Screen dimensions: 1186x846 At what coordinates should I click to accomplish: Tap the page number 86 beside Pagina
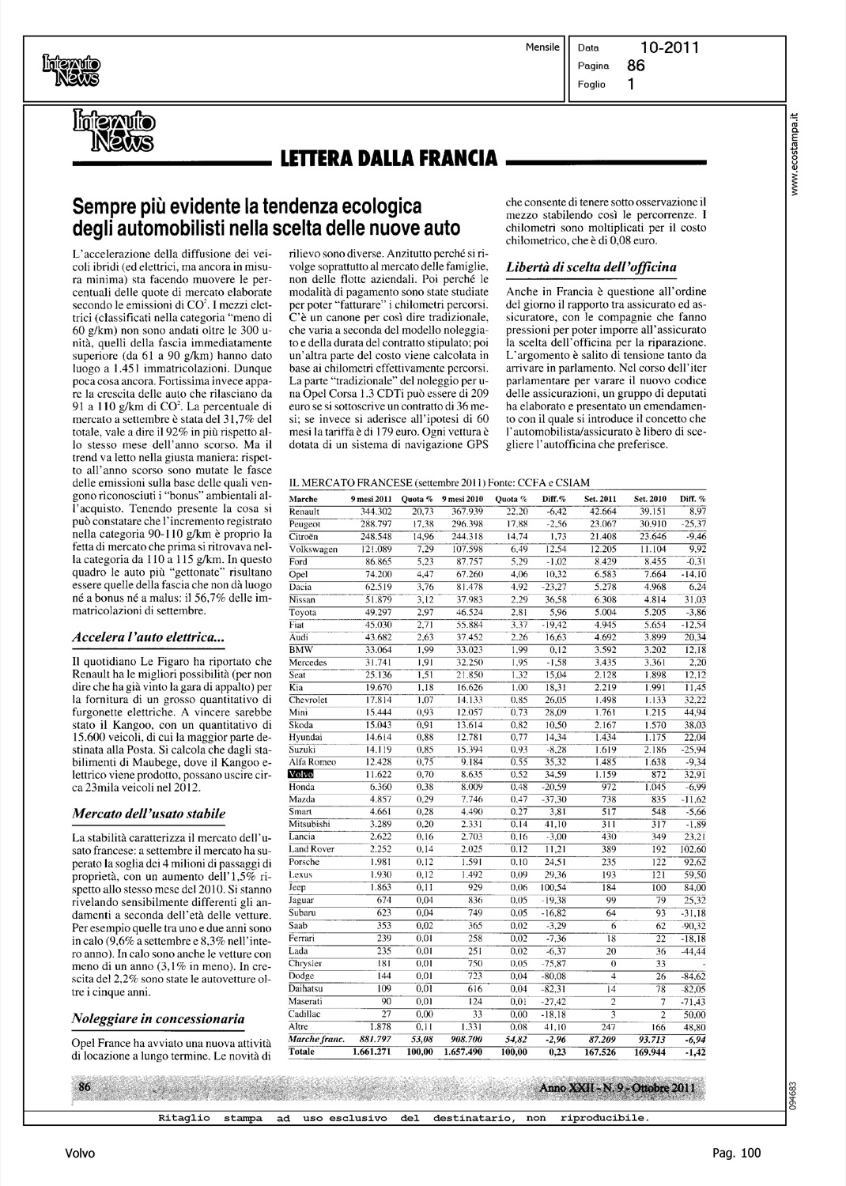[x=636, y=66]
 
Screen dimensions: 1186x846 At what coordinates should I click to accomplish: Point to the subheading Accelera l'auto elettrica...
[x=148, y=636]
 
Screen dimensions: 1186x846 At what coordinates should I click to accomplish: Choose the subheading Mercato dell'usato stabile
[x=149, y=813]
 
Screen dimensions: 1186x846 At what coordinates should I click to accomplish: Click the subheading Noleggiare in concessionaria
[x=158, y=1018]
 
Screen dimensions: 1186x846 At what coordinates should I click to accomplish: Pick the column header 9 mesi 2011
[x=372, y=500]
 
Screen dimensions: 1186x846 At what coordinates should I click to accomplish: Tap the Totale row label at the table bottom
[x=303, y=1052]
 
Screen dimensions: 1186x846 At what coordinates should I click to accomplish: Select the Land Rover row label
[x=312, y=848]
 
